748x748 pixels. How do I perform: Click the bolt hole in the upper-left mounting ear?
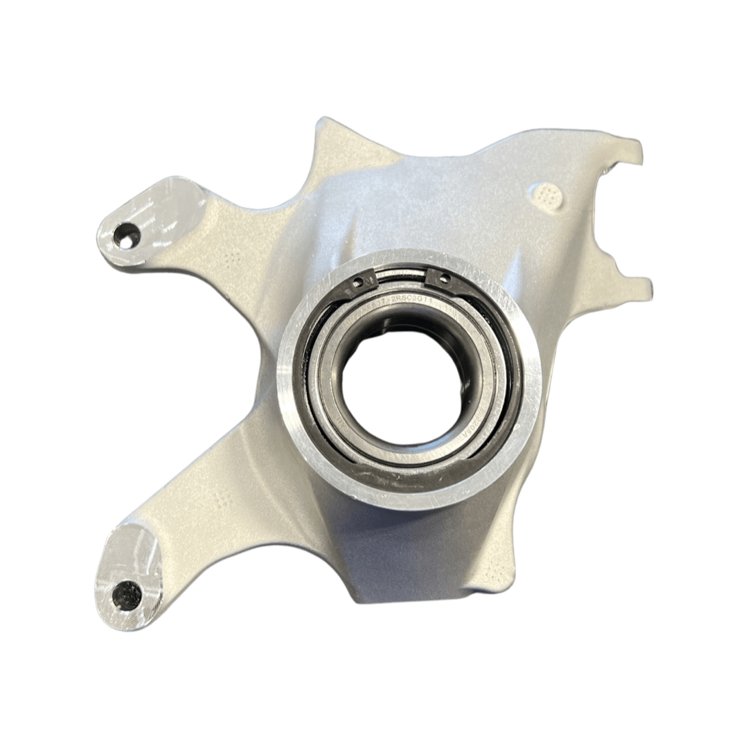[x=126, y=237]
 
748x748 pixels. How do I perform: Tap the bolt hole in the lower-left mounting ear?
[x=127, y=595]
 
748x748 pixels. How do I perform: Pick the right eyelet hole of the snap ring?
[x=443, y=279]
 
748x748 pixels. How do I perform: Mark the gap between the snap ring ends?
[x=400, y=276]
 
